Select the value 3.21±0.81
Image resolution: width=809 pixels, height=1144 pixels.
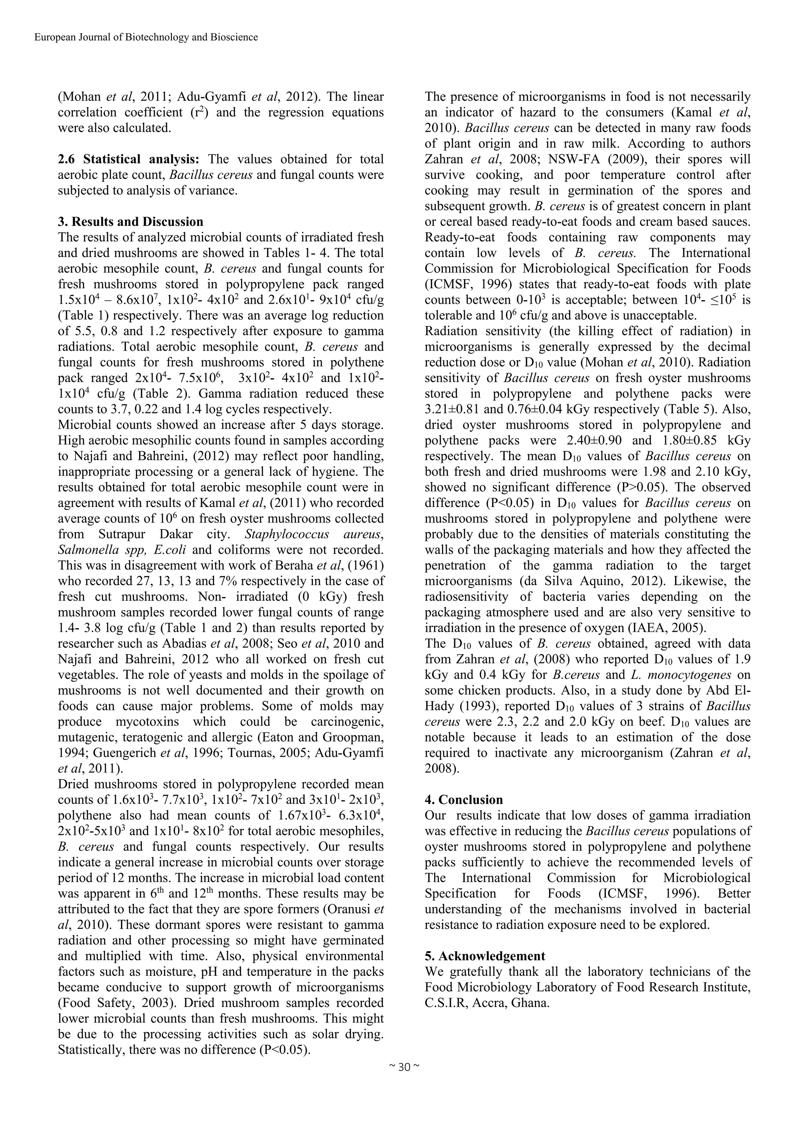point(455,410)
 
